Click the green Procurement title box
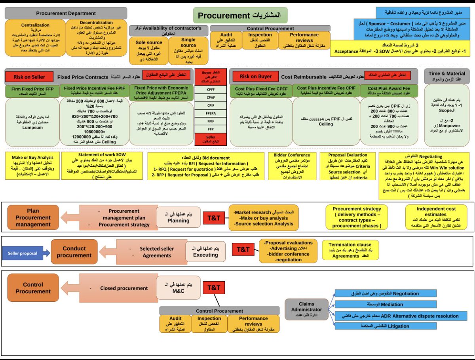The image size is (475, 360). [240, 15]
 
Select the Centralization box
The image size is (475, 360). [35, 39]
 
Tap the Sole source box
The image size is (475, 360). [148, 51]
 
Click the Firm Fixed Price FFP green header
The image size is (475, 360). [32, 91]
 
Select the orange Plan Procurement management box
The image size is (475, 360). [33, 218]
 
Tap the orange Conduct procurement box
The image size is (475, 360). [74, 252]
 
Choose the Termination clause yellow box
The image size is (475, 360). [345, 250]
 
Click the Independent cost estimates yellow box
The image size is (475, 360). [436, 217]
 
